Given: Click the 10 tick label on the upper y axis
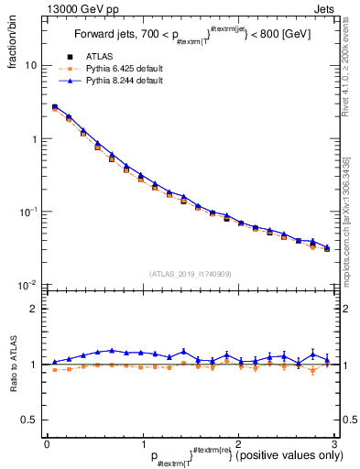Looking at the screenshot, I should point(30,66).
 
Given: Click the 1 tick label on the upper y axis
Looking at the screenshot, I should point(33,139).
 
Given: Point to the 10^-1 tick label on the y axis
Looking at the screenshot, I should point(27,212).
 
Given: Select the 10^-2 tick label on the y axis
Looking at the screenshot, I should point(27,285).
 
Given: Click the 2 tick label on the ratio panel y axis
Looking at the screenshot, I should point(33,309).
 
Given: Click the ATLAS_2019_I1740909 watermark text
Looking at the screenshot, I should point(190,273).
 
